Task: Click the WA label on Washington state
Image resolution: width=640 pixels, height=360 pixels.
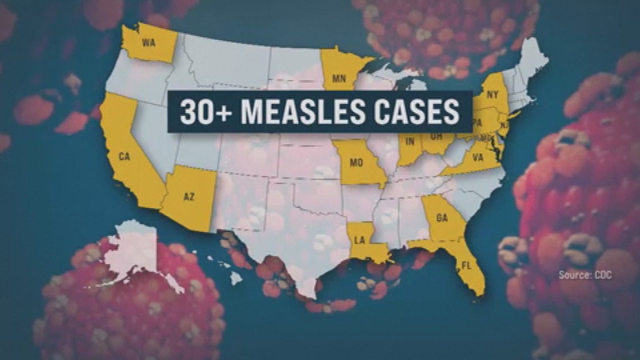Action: click(x=148, y=43)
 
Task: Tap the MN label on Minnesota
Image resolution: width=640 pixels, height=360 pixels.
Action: click(x=339, y=79)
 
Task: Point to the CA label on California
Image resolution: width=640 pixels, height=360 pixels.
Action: click(x=124, y=157)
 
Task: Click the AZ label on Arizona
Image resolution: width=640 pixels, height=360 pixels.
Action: click(x=189, y=196)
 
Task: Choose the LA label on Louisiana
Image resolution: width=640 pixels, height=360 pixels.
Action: click(x=360, y=240)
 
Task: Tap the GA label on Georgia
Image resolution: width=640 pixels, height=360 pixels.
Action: click(x=441, y=219)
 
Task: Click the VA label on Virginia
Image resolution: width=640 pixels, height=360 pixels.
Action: click(x=478, y=158)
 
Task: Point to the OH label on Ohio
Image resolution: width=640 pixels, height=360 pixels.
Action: click(x=436, y=135)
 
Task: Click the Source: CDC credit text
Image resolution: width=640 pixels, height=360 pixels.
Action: click(x=585, y=275)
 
